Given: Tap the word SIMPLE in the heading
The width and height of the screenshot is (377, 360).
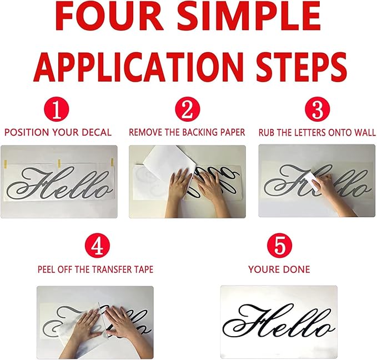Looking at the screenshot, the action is click(249, 17).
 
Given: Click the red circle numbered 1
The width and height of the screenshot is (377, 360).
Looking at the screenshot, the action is click(57, 109).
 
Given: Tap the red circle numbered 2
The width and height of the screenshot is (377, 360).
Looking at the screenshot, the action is click(188, 109).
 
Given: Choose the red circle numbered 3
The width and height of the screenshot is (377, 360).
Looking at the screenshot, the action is click(318, 109).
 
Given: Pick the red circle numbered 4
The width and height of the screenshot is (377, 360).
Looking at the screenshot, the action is click(97, 246).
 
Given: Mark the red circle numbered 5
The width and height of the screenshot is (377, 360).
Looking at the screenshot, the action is click(280, 246).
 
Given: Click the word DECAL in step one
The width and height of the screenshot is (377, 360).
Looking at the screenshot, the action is click(97, 133).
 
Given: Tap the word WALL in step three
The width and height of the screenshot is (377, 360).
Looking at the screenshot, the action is click(365, 133).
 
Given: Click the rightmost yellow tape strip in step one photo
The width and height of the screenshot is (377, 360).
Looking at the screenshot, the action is click(112, 163).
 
